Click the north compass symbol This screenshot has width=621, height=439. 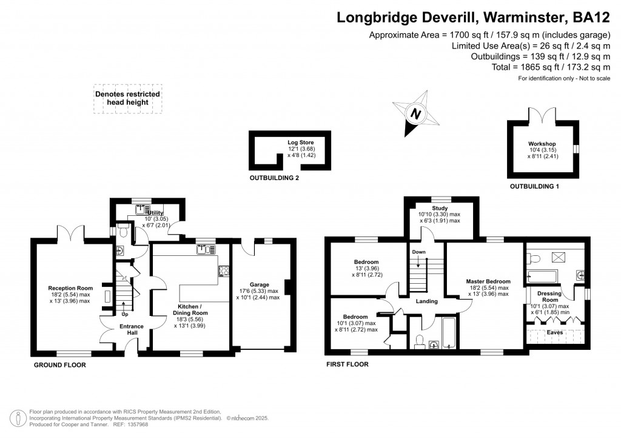pos(415,112)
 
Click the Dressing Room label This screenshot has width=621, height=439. pos(550,297)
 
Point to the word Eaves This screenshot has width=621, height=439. pos(554,333)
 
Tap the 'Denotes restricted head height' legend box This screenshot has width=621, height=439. pos(127,98)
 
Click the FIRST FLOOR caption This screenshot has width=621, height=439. pos(347,365)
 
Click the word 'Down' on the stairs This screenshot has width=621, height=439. pos(418,252)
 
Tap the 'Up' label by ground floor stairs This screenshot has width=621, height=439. pos(125,314)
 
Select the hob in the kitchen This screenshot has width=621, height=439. pos(223,272)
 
